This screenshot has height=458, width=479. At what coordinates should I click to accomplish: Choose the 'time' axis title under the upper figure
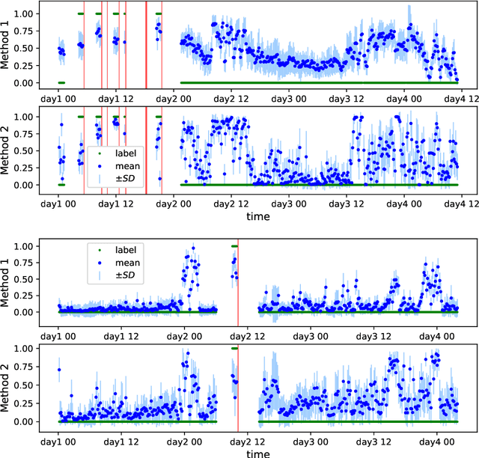click(258, 216)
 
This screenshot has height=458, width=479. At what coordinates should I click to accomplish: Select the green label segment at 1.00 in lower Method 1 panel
click(234, 246)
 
